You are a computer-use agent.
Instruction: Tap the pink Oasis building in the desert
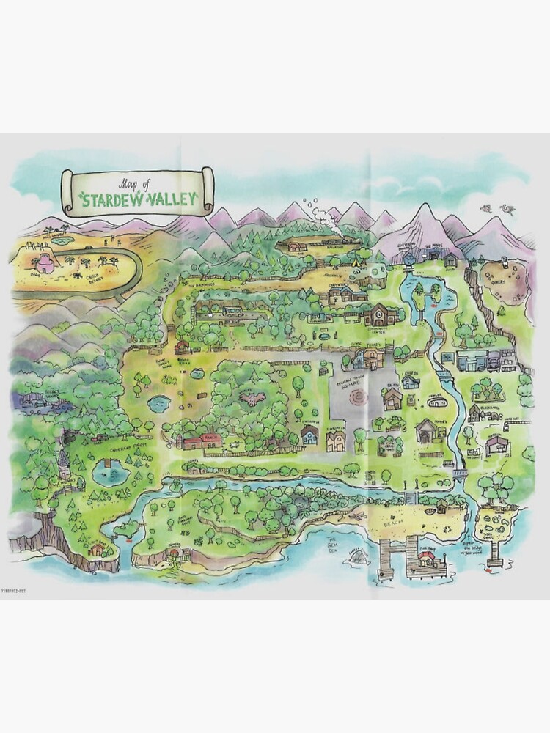point(46,264)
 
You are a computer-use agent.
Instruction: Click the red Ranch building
point(201,440)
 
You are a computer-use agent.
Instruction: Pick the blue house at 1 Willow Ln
point(309,436)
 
